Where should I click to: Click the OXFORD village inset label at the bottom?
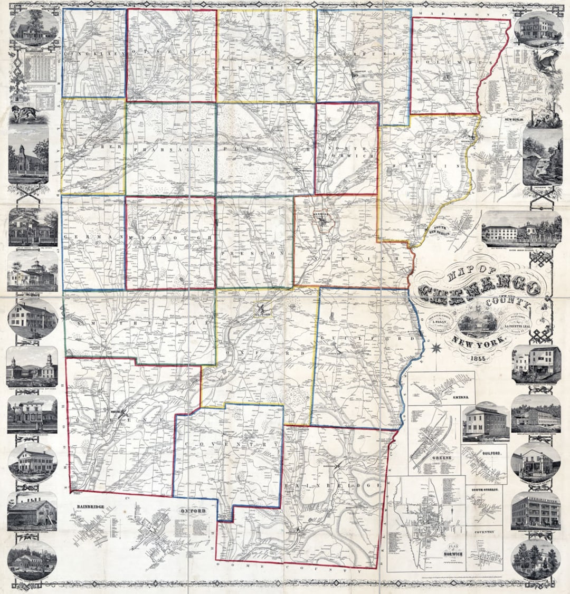(x=192, y=511)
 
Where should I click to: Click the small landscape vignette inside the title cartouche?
(x=477, y=322)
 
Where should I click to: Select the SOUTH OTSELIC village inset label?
(x=484, y=490)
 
